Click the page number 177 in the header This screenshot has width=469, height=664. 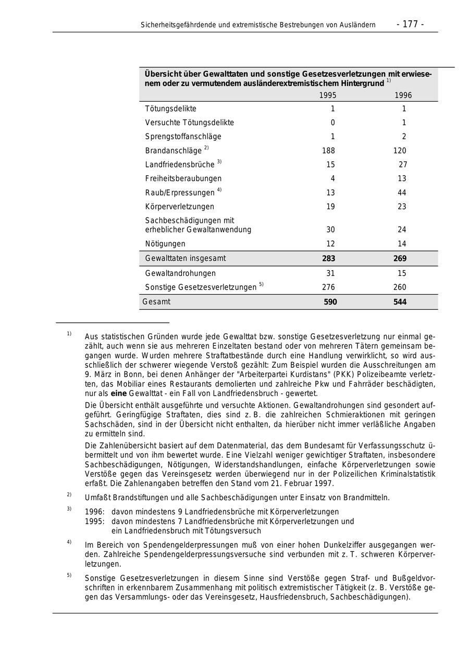click(x=410, y=25)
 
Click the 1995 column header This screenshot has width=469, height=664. click(x=328, y=95)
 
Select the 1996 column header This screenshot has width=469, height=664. click(x=403, y=95)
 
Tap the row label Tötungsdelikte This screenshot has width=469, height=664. click(x=170, y=109)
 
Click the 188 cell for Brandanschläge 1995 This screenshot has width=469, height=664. click(x=328, y=151)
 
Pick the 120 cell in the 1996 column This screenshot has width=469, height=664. click(x=400, y=151)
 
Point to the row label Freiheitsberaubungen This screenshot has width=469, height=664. click(x=183, y=178)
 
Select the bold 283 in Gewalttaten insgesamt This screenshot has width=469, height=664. click(x=328, y=259)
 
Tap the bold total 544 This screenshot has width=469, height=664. click(x=400, y=302)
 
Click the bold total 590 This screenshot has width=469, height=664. click(x=330, y=302)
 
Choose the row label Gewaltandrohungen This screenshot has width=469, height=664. click(x=180, y=273)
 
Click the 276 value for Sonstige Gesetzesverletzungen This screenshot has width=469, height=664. click(x=328, y=287)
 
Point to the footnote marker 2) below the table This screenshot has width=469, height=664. click(x=69, y=494)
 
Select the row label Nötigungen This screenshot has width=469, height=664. click(x=165, y=244)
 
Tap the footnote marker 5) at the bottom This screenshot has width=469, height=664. click(x=69, y=575)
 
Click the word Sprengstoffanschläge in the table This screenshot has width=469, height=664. click(x=183, y=137)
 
